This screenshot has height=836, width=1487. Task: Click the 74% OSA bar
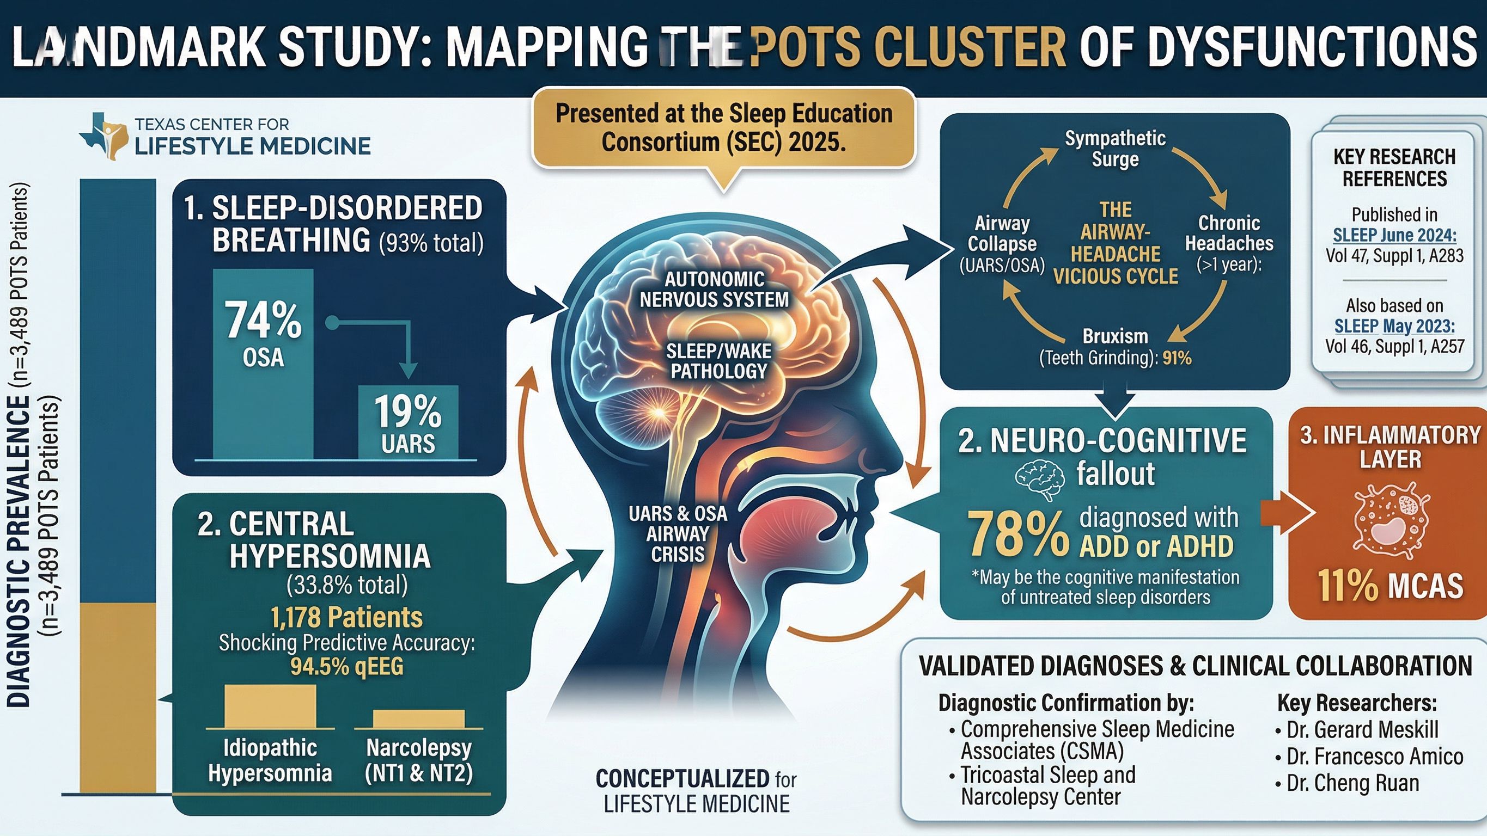click(263, 364)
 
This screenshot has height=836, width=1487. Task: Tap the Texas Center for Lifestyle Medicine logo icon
click(103, 136)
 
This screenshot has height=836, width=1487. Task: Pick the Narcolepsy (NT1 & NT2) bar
click(418, 718)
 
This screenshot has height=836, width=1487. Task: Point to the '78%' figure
click(1017, 534)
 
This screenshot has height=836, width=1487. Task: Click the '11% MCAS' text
click(1390, 585)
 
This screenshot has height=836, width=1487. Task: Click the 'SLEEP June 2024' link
click(1394, 235)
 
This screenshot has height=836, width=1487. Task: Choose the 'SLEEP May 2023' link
click(1394, 326)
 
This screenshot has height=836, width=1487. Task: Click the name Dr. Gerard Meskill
click(1362, 730)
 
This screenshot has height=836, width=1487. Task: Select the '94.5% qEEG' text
click(346, 666)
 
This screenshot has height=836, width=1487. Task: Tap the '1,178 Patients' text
click(346, 617)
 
